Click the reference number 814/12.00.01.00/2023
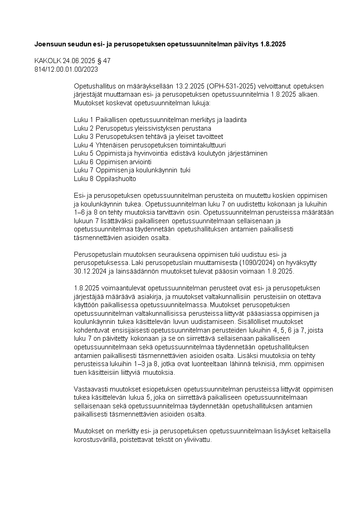click(66, 69)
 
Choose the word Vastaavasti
click(90, 389)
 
